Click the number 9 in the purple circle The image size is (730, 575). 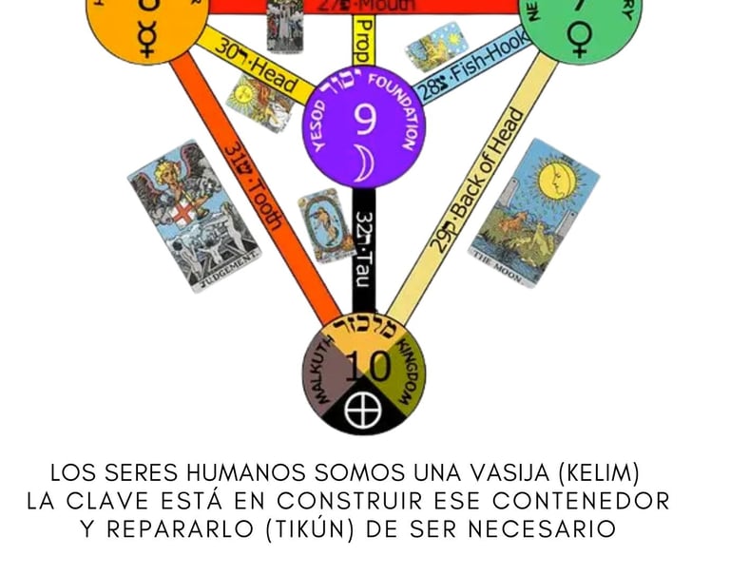point(364,117)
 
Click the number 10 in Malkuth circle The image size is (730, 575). point(364,364)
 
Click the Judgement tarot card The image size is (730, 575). point(193,217)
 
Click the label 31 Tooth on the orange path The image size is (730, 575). point(252,185)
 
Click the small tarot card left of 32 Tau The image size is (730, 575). point(324,224)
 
